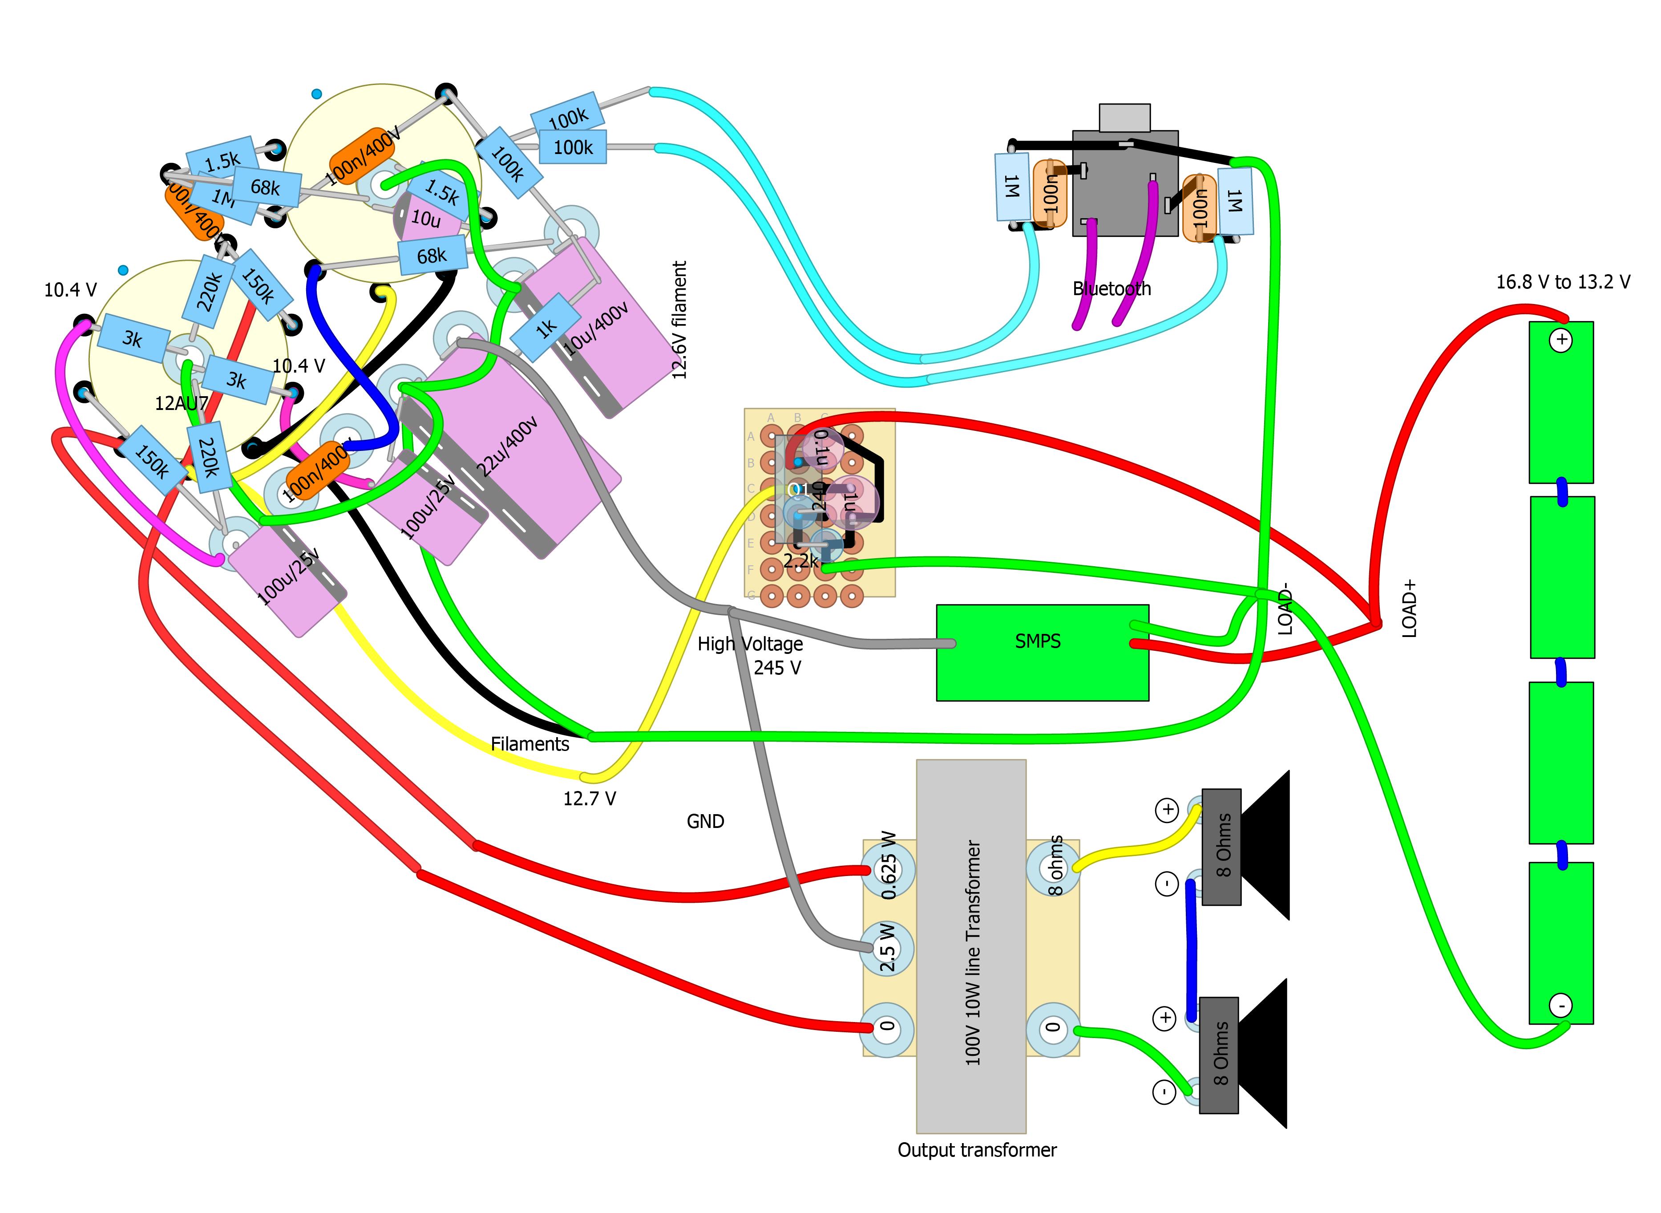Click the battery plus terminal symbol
click(1561, 340)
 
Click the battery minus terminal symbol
click(1561, 1005)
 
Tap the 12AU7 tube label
click(181, 403)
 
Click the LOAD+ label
click(1409, 608)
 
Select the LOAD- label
click(1285, 609)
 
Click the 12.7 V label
click(590, 798)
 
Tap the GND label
click(705, 821)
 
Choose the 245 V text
click(777, 667)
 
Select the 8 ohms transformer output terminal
click(1054, 866)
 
